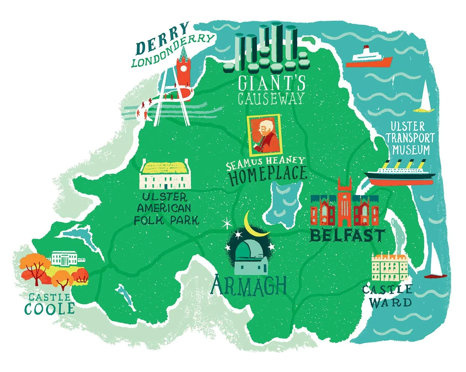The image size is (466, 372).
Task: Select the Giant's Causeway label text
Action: [271, 90]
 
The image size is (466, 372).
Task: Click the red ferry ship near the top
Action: [369, 59]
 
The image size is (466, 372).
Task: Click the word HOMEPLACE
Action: [268, 175]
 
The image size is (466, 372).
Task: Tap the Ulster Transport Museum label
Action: [410, 138]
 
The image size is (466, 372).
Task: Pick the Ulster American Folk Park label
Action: [166, 209]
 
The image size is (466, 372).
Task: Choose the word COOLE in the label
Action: [50, 309]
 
